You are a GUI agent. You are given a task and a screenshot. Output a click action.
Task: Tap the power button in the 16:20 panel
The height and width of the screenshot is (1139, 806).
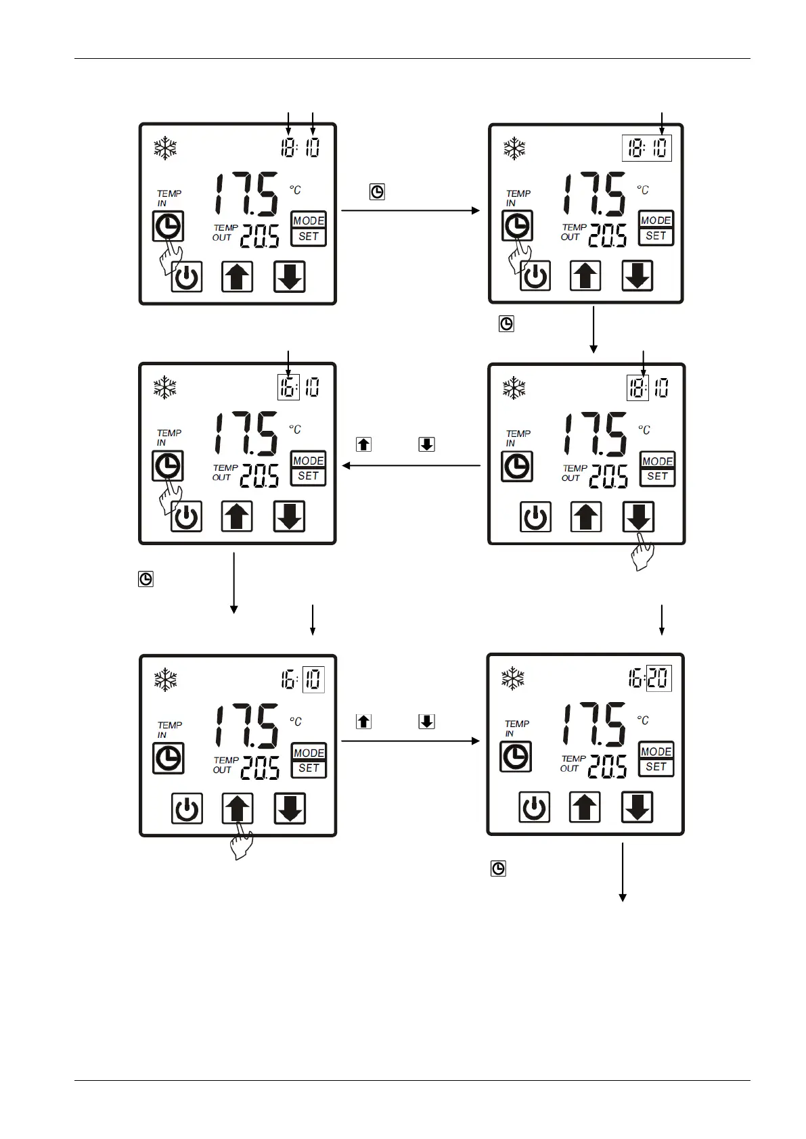(x=535, y=808)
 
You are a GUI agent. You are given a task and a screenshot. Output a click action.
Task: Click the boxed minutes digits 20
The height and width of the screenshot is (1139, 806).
(x=659, y=678)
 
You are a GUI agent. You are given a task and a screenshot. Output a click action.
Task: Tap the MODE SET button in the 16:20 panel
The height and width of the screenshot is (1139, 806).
(x=656, y=759)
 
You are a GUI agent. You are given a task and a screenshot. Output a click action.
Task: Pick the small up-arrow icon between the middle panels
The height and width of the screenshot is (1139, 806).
(x=363, y=444)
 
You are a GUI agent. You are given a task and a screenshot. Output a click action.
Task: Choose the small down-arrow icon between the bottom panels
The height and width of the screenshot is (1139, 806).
(x=426, y=721)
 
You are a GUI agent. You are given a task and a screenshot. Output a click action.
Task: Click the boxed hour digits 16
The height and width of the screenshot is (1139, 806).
(x=288, y=388)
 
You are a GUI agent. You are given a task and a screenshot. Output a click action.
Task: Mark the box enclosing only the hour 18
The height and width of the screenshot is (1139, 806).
(x=637, y=388)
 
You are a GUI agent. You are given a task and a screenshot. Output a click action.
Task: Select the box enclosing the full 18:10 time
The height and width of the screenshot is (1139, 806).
(x=646, y=148)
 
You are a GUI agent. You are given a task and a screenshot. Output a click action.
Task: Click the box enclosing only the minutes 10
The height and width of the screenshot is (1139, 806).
(x=313, y=680)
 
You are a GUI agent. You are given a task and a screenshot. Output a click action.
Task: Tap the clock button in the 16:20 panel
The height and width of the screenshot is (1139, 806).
(x=516, y=757)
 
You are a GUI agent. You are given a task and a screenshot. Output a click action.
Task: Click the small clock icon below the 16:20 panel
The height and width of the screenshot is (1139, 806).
(x=498, y=868)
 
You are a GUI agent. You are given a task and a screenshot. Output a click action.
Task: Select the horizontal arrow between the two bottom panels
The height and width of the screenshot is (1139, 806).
(x=410, y=741)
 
